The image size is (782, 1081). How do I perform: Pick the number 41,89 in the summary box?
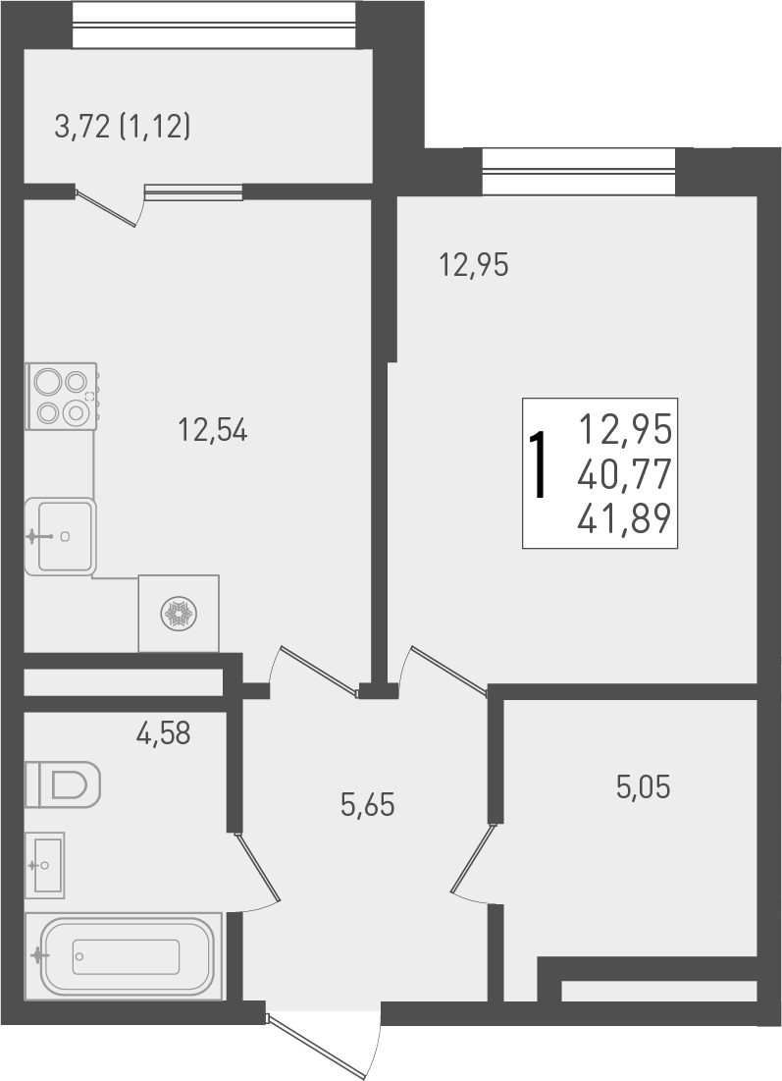point(625,516)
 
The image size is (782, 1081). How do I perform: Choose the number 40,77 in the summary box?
point(625,474)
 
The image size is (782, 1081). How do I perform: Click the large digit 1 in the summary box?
point(539,467)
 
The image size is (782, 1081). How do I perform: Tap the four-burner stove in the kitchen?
point(62,396)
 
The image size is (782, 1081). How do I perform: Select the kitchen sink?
point(60,536)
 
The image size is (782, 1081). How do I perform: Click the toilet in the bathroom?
point(63,784)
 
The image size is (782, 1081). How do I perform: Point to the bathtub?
point(125,956)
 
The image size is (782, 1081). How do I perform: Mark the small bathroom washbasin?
point(44,865)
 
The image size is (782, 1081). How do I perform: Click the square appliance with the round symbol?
point(179,614)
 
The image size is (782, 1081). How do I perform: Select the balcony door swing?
point(110,208)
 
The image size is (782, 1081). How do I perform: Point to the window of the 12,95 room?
point(579,171)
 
